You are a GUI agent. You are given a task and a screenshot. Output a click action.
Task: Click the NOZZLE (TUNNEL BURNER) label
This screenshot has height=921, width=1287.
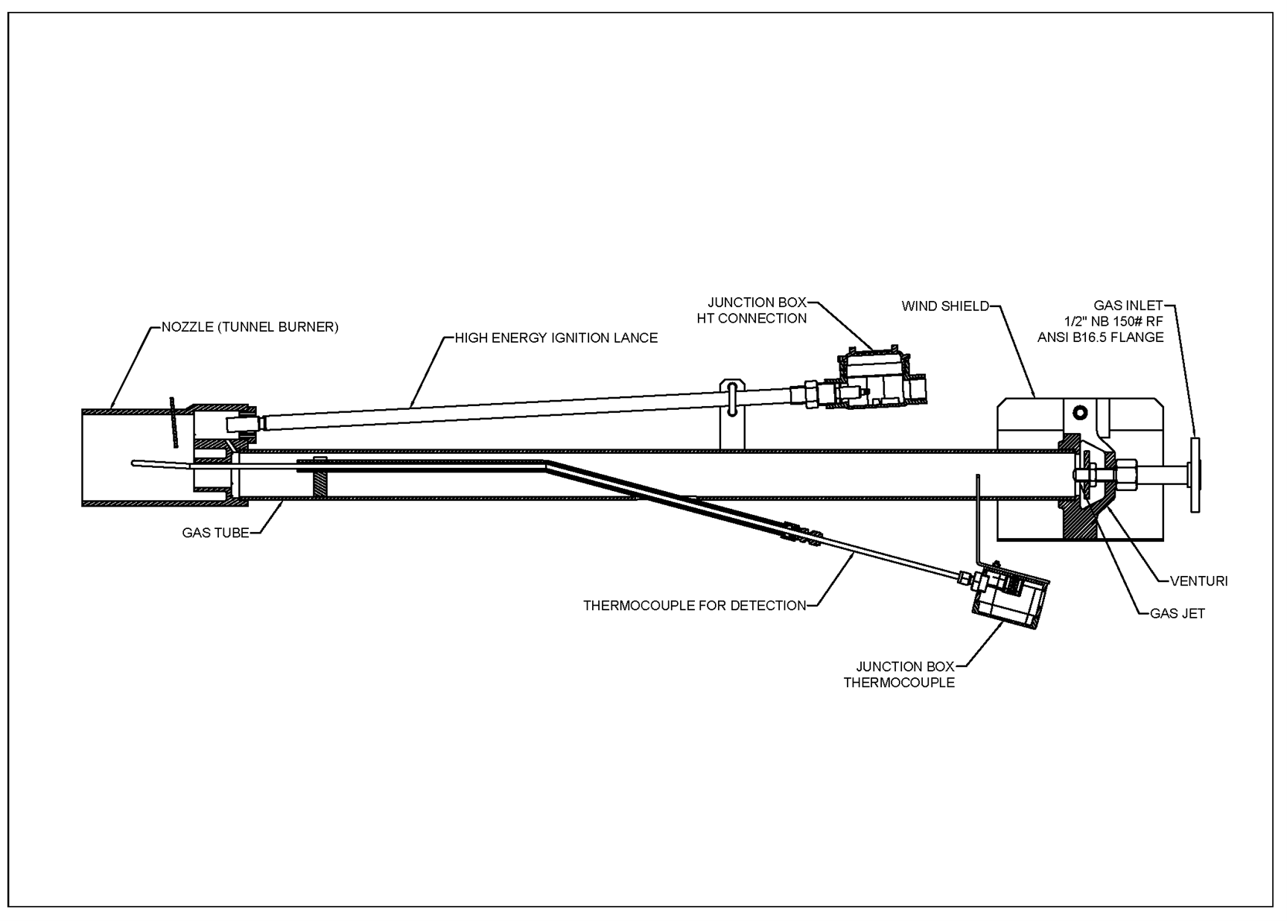[250, 327]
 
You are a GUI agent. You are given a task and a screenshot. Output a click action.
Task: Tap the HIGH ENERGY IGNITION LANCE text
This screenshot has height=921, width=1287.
[556, 338]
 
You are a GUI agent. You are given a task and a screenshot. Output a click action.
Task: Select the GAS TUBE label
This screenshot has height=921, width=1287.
[215, 533]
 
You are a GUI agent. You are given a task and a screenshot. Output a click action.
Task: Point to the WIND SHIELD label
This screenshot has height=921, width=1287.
[945, 306]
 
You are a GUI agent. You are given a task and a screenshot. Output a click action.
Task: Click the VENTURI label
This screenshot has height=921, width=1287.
[1198, 580]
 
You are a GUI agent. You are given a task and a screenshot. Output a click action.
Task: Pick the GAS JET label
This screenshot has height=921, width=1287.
[1177, 613]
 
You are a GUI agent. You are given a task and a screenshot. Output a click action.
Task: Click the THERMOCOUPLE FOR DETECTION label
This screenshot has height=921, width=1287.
[694, 605]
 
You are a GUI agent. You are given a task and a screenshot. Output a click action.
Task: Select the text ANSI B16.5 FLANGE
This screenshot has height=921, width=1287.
[1100, 338]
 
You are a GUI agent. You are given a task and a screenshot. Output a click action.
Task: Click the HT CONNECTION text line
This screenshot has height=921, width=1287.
[751, 318]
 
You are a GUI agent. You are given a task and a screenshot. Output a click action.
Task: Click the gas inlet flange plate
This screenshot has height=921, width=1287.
[1195, 474]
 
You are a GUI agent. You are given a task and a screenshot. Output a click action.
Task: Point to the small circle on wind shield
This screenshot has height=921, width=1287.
[1080, 412]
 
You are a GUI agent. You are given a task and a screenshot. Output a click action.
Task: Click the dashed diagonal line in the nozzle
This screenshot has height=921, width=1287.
[174, 422]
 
